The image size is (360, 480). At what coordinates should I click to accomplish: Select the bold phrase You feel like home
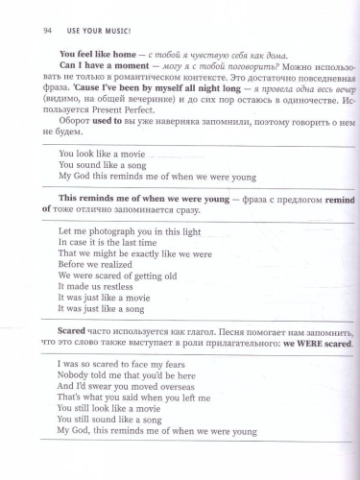pos(95,55)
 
